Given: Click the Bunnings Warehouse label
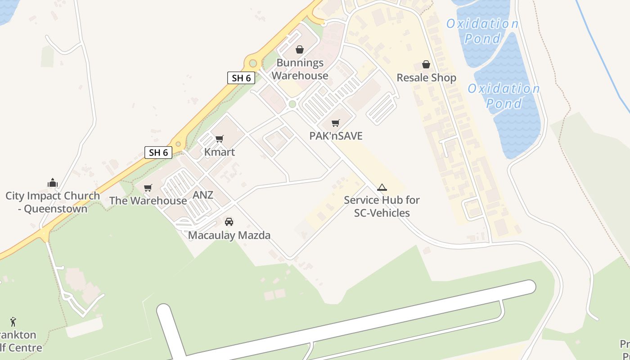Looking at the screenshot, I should (x=299, y=69).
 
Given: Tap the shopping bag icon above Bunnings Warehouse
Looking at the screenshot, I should (x=300, y=49).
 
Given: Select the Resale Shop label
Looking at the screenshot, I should (x=426, y=78).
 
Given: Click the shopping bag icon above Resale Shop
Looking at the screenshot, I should (x=426, y=65).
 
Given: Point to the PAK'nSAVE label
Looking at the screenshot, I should (x=336, y=136).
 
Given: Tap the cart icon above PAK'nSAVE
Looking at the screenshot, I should (x=335, y=123).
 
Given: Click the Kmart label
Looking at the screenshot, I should (x=220, y=152).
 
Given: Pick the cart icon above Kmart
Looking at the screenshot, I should (x=220, y=139).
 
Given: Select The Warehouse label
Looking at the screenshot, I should (x=148, y=201).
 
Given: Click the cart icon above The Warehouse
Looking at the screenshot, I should (x=148, y=188).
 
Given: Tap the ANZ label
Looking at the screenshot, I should (x=203, y=195).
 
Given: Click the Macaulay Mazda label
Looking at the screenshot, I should (x=229, y=235).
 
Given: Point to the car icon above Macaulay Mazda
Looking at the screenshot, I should (x=229, y=222).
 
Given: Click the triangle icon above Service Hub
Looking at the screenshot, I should (x=382, y=187).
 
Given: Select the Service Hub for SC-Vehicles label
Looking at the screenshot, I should (x=382, y=206).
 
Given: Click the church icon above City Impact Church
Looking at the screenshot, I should (x=53, y=183).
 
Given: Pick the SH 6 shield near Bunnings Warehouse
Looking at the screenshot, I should (x=241, y=78).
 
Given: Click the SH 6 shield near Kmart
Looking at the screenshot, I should (x=158, y=153).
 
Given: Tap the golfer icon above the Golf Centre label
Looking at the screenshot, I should (x=13, y=322).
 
